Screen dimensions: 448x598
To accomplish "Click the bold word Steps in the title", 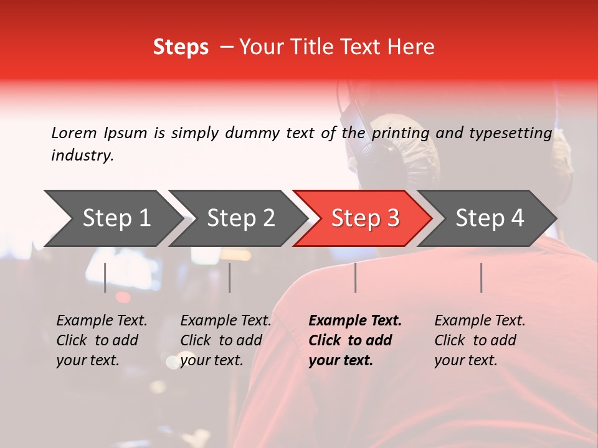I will click(x=181, y=47).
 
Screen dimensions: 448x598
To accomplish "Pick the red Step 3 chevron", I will click(x=365, y=218).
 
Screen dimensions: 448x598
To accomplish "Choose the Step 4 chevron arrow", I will click(x=490, y=218).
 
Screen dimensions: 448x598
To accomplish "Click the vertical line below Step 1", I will click(x=105, y=278).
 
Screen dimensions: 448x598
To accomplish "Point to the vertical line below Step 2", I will click(x=230, y=278).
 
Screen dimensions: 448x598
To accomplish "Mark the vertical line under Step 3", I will click(x=355, y=278).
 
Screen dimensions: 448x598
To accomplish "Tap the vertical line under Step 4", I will click(x=481, y=278).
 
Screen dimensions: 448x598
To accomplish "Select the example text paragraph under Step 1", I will click(x=102, y=340).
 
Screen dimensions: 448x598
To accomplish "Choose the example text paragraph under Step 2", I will click(x=225, y=340).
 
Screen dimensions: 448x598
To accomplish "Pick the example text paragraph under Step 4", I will click(x=480, y=340).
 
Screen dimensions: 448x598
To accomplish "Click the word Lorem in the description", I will click(x=74, y=133).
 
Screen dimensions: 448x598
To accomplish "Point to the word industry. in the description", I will click(x=83, y=156).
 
